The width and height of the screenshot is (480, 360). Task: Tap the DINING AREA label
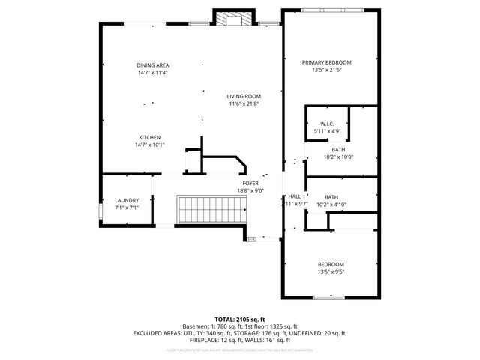click(152, 65)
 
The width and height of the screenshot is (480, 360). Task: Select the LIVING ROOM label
click(244, 96)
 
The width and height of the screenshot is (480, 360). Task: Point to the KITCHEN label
click(149, 137)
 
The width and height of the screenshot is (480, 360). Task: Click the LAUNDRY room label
click(126, 200)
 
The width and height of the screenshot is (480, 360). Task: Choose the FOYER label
click(250, 183)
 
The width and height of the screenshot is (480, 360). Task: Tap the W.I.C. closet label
click(326, 124)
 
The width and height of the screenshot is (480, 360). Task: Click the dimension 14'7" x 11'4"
click(152, 73)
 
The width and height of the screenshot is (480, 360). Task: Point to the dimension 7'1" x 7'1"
click(126, 208)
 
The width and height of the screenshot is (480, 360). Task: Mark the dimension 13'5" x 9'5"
click(331, 272)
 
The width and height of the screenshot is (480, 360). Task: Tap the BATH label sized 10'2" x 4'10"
click(331, 196)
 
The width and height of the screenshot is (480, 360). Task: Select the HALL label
click(294, 196)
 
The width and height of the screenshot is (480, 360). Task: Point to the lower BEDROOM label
click(331, 264)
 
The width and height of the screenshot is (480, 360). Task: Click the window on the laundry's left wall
click(100, 211)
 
